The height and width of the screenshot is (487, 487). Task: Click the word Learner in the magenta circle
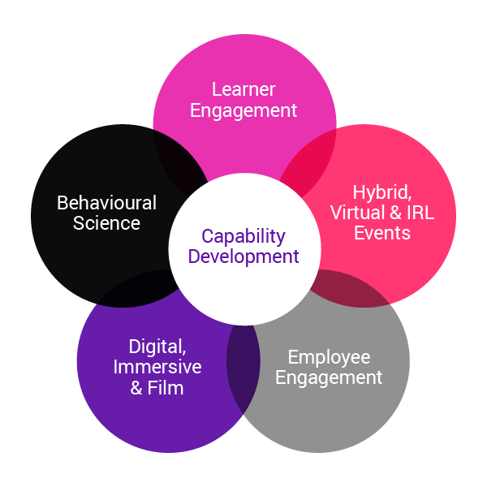(x=244, y=89)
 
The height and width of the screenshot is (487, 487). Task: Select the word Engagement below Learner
(x=244, y=110)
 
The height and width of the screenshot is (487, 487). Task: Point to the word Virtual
(x=356, y=213)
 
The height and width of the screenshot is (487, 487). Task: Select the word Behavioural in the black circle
(x=106, y=202)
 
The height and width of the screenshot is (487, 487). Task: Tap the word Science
(x=106, y=222)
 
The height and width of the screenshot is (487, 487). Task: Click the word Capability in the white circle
(x=243, y=236)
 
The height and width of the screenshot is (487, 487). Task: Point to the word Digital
(x=157, y=347)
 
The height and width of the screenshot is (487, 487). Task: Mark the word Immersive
(x=157, y=368)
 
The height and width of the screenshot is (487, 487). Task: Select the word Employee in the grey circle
(x=329, y=357)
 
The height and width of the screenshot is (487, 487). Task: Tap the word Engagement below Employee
(x=329, y=377)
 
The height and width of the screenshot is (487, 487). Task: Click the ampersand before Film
(x=136, y=388)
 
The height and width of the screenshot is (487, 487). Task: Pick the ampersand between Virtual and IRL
(x=390, y=213)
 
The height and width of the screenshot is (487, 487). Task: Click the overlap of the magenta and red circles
(x=308, y=157)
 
